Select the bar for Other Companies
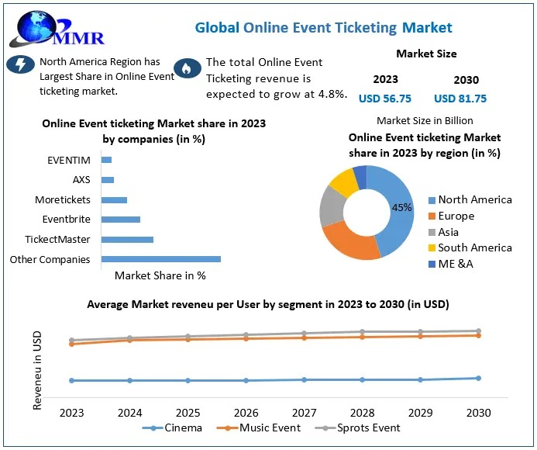tap(160, 259)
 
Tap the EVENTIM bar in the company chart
tap(106, 160)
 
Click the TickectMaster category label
tap(57, 240)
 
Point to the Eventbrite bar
tap(120, 220)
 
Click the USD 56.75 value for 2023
tap(385, 99)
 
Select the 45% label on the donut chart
tap(401, 208)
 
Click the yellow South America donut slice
tap(343, 181)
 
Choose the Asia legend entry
tap(448, 232)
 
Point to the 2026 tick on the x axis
tap(246, 413)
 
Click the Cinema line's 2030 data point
tap(478, 378)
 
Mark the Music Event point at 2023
tap(72, 343)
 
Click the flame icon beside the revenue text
tap(186, 69)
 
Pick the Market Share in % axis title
tap(160, 275)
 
